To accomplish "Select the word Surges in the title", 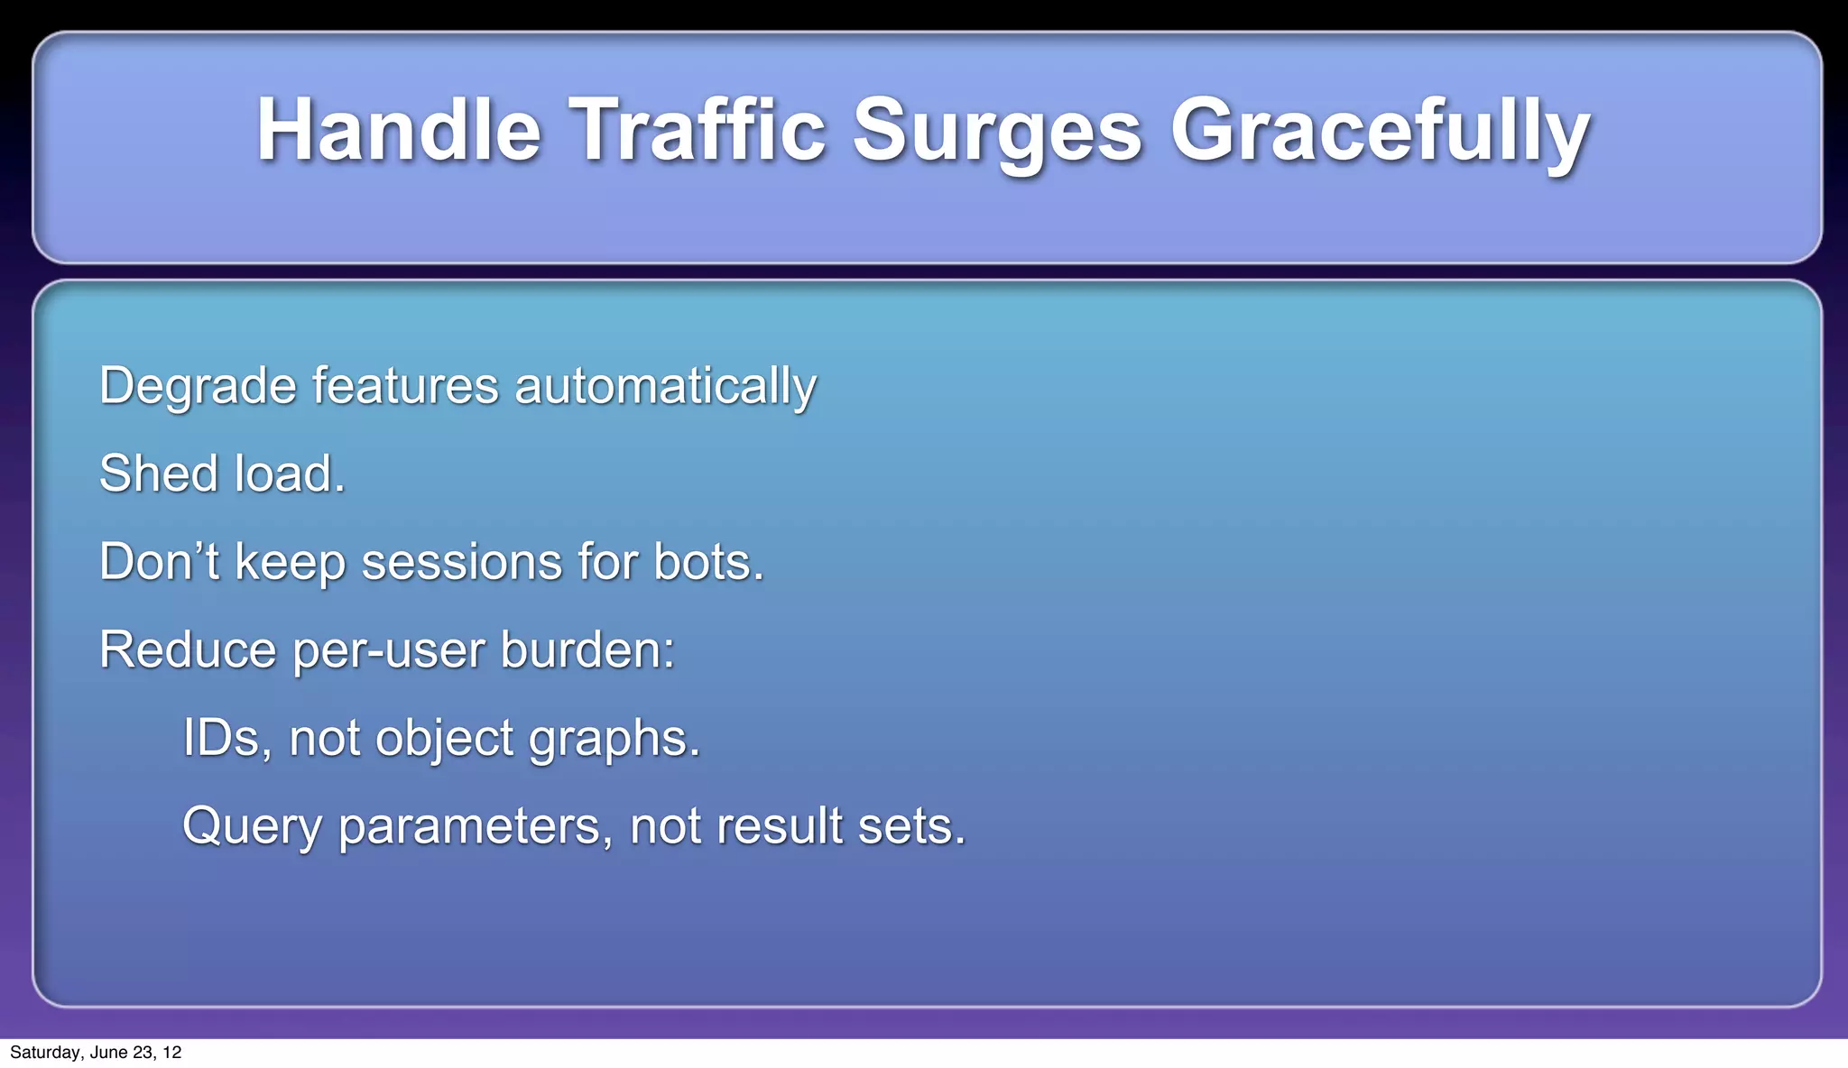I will pos(997,133).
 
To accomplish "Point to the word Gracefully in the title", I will pos(1380,133).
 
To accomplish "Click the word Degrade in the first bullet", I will pos(198,387).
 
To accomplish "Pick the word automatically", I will pos(665,387).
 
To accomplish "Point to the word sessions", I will pos(461,563).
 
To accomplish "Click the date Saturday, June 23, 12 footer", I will pos(96,1053).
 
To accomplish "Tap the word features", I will pos(405,385).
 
